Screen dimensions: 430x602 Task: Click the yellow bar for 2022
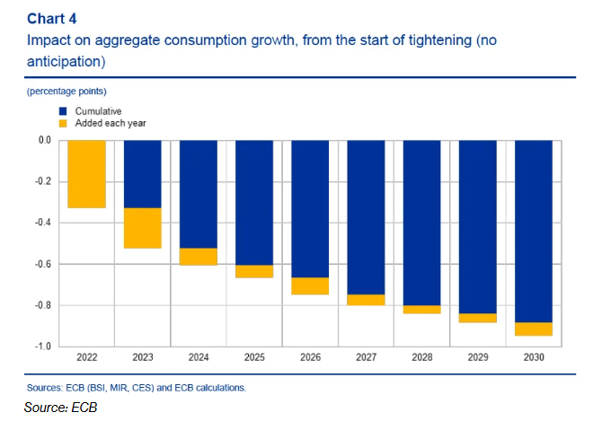point(87,174)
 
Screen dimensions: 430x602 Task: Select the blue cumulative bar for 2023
point(143,174)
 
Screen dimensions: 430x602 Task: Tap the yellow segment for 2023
point(143,228)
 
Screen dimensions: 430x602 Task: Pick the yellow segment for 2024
point(199,257)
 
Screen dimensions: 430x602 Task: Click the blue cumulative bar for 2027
point(367,217)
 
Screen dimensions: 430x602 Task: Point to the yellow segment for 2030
point(534,329)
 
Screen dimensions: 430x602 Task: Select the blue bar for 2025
point(254,203)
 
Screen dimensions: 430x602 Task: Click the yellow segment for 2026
point(311,285)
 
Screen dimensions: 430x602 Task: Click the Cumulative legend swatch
point(62,110)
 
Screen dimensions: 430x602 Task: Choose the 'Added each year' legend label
point(111,122)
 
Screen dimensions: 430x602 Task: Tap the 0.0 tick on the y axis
point(43,140)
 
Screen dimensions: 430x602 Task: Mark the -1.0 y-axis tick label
point(41,347)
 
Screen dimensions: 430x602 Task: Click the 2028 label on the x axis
point(422,357)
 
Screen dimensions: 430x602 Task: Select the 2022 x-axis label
point(87,357)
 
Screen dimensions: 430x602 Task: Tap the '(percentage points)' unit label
point(67,92)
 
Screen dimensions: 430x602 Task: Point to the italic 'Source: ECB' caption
point(61,408)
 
